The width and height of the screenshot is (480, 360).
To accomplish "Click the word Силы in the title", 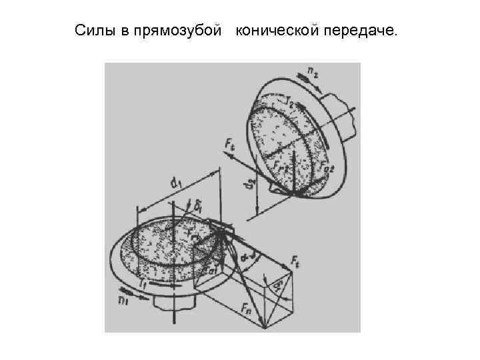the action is point(95,31).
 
